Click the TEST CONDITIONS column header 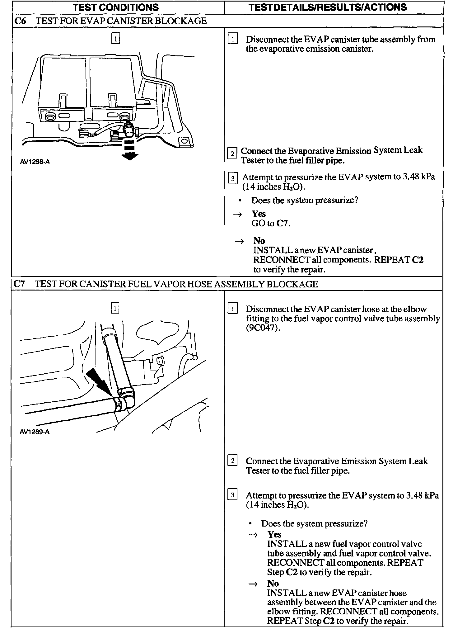click(115, 7)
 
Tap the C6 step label click(20, 21)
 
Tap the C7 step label click(20, 284)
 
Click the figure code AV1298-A click(35, 162)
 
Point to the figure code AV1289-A click(35, 432)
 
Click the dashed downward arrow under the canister click(129, 149)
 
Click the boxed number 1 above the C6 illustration click(115, 39)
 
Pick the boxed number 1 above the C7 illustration click(115, 308)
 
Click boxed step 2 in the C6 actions click(232, 154)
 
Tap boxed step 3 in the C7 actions click(232, 495)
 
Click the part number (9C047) click(261, 328)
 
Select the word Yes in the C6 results click(259, 214)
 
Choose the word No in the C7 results click(273, 583)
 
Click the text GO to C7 click(271, 223)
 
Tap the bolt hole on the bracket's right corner click(184, 141)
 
